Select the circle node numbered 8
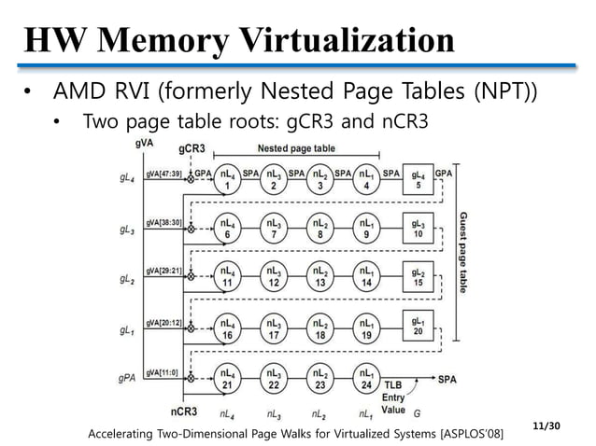320,229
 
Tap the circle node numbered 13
320,278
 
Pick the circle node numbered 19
367,328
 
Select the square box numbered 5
419,179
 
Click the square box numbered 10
419,229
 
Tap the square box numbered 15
419,278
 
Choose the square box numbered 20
419,328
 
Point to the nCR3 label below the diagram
183,411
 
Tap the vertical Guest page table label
462,253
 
